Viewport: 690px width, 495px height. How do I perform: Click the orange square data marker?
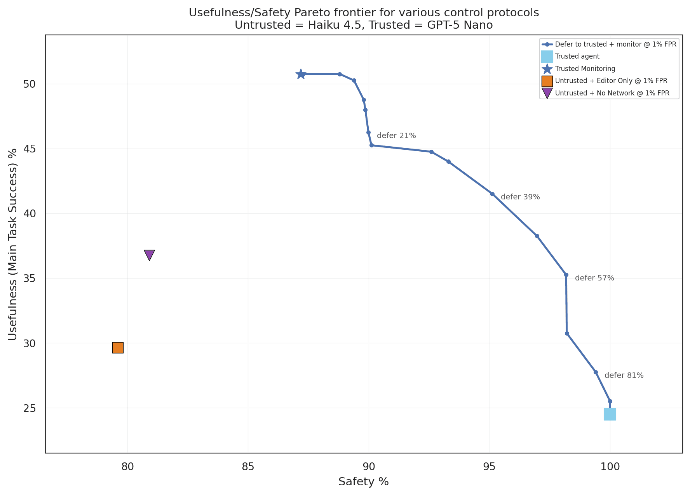click(118, 348)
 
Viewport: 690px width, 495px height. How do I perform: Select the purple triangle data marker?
click(149, 254)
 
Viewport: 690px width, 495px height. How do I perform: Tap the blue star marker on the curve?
click(301, 74)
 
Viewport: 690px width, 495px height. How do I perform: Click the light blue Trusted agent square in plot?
click(610, 414)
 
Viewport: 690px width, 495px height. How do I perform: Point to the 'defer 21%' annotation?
click(396, 136)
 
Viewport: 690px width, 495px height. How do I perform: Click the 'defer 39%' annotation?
click(520, 197)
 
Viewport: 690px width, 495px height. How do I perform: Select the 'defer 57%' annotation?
click(594, 278)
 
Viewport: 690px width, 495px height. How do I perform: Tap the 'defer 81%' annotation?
click(624, 376)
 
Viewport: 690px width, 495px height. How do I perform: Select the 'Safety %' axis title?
click(363, 482)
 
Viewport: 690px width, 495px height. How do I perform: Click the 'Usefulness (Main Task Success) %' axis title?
click(13, 244)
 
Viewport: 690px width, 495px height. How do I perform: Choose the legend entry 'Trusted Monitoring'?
click(585, 69)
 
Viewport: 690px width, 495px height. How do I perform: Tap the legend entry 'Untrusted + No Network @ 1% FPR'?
click(612, 93)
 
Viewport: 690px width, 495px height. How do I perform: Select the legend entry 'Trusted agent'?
click(577, 56)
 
